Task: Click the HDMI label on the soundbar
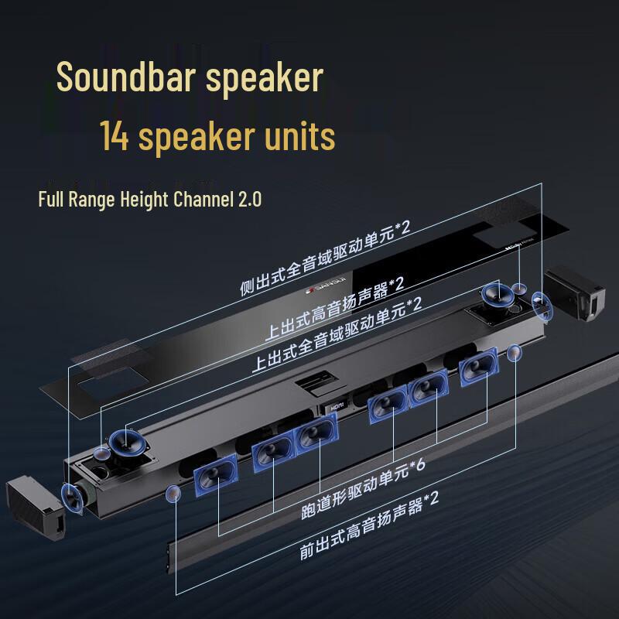coord(337,403)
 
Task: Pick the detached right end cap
coord(575,292)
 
